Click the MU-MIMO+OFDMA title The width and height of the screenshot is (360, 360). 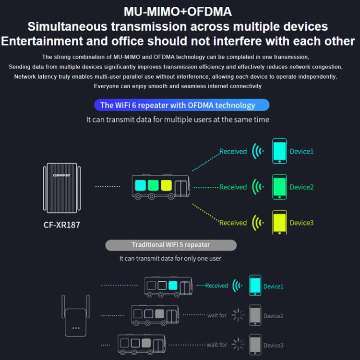coord(178,11)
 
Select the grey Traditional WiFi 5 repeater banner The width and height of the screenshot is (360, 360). coord(171,245)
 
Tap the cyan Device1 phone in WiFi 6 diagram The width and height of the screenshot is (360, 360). coord(279,151)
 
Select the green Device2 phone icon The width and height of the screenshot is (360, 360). coord(279,187)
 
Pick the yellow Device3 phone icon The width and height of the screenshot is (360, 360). coord(279,222)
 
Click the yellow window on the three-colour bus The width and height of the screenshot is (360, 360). coord(167,185)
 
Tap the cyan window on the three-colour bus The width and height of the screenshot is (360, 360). coord(140,185)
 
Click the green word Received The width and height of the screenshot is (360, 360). coord(233,187)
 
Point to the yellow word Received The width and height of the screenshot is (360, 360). coord(233,223)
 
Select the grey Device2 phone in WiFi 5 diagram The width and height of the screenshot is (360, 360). coord(255,315)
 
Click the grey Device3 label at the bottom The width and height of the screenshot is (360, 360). coord(273,345)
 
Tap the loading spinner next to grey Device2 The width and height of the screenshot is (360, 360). coord(238,315)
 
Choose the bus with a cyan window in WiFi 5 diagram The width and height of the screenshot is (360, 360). coord(168,286)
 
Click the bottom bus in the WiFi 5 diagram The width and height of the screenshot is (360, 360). coord(142,344)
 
